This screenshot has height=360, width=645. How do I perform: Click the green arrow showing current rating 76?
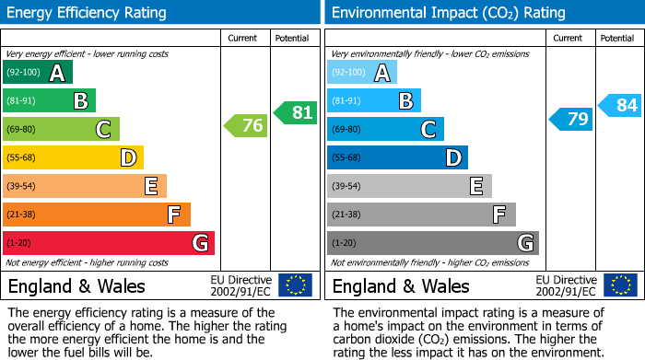point(246,126)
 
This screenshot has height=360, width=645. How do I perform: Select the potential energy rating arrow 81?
point(296,112)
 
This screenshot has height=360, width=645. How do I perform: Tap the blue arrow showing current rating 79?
point(571,119)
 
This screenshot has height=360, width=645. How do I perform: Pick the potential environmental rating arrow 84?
point(620,105)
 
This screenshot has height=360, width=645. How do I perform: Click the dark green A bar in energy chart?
point(38,73)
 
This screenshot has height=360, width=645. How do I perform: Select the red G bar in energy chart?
point(109,243)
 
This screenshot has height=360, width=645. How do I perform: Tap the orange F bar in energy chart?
point(97,215)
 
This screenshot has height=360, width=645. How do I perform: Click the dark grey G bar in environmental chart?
point(432,243)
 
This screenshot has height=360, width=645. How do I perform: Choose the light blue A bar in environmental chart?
point(362,73)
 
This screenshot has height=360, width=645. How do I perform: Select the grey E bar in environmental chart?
point(409,186)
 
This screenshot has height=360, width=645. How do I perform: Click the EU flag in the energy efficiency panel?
point(295,285)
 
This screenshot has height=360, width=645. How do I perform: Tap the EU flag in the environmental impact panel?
point(619,285)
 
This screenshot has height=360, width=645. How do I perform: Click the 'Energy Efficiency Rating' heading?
point(88,13)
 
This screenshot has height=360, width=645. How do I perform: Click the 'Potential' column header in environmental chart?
point(616,38)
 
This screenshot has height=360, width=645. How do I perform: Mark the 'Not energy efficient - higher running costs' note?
point(88,262)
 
